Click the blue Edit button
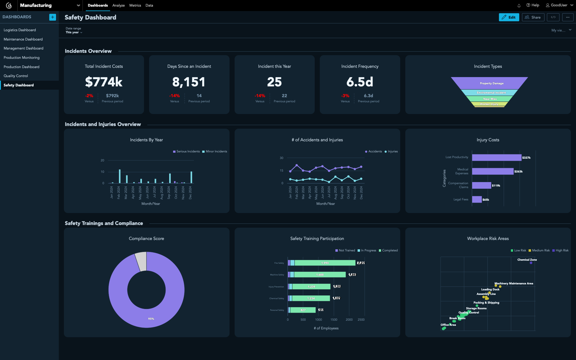tap(509, 17)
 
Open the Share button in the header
tap(533, 17)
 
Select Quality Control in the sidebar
tap(16, 76)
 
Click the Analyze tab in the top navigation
tap(118, 5)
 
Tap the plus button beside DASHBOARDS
tap(52, 17)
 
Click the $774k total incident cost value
tap(104, 82)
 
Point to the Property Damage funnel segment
tap(491, 83)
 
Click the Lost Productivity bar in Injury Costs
tap(496, 157)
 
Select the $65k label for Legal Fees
tap(486, 200)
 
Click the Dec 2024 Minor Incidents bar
tap(191, 177)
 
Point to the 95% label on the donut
tap(151, 319)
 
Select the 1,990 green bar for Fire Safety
tap(325, 263)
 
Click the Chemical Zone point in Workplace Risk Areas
tap(531, 263)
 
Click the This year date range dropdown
tap(74, 32)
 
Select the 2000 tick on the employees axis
tap(349, 320)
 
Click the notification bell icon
tap(519, 5)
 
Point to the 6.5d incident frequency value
tap(360, 82)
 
